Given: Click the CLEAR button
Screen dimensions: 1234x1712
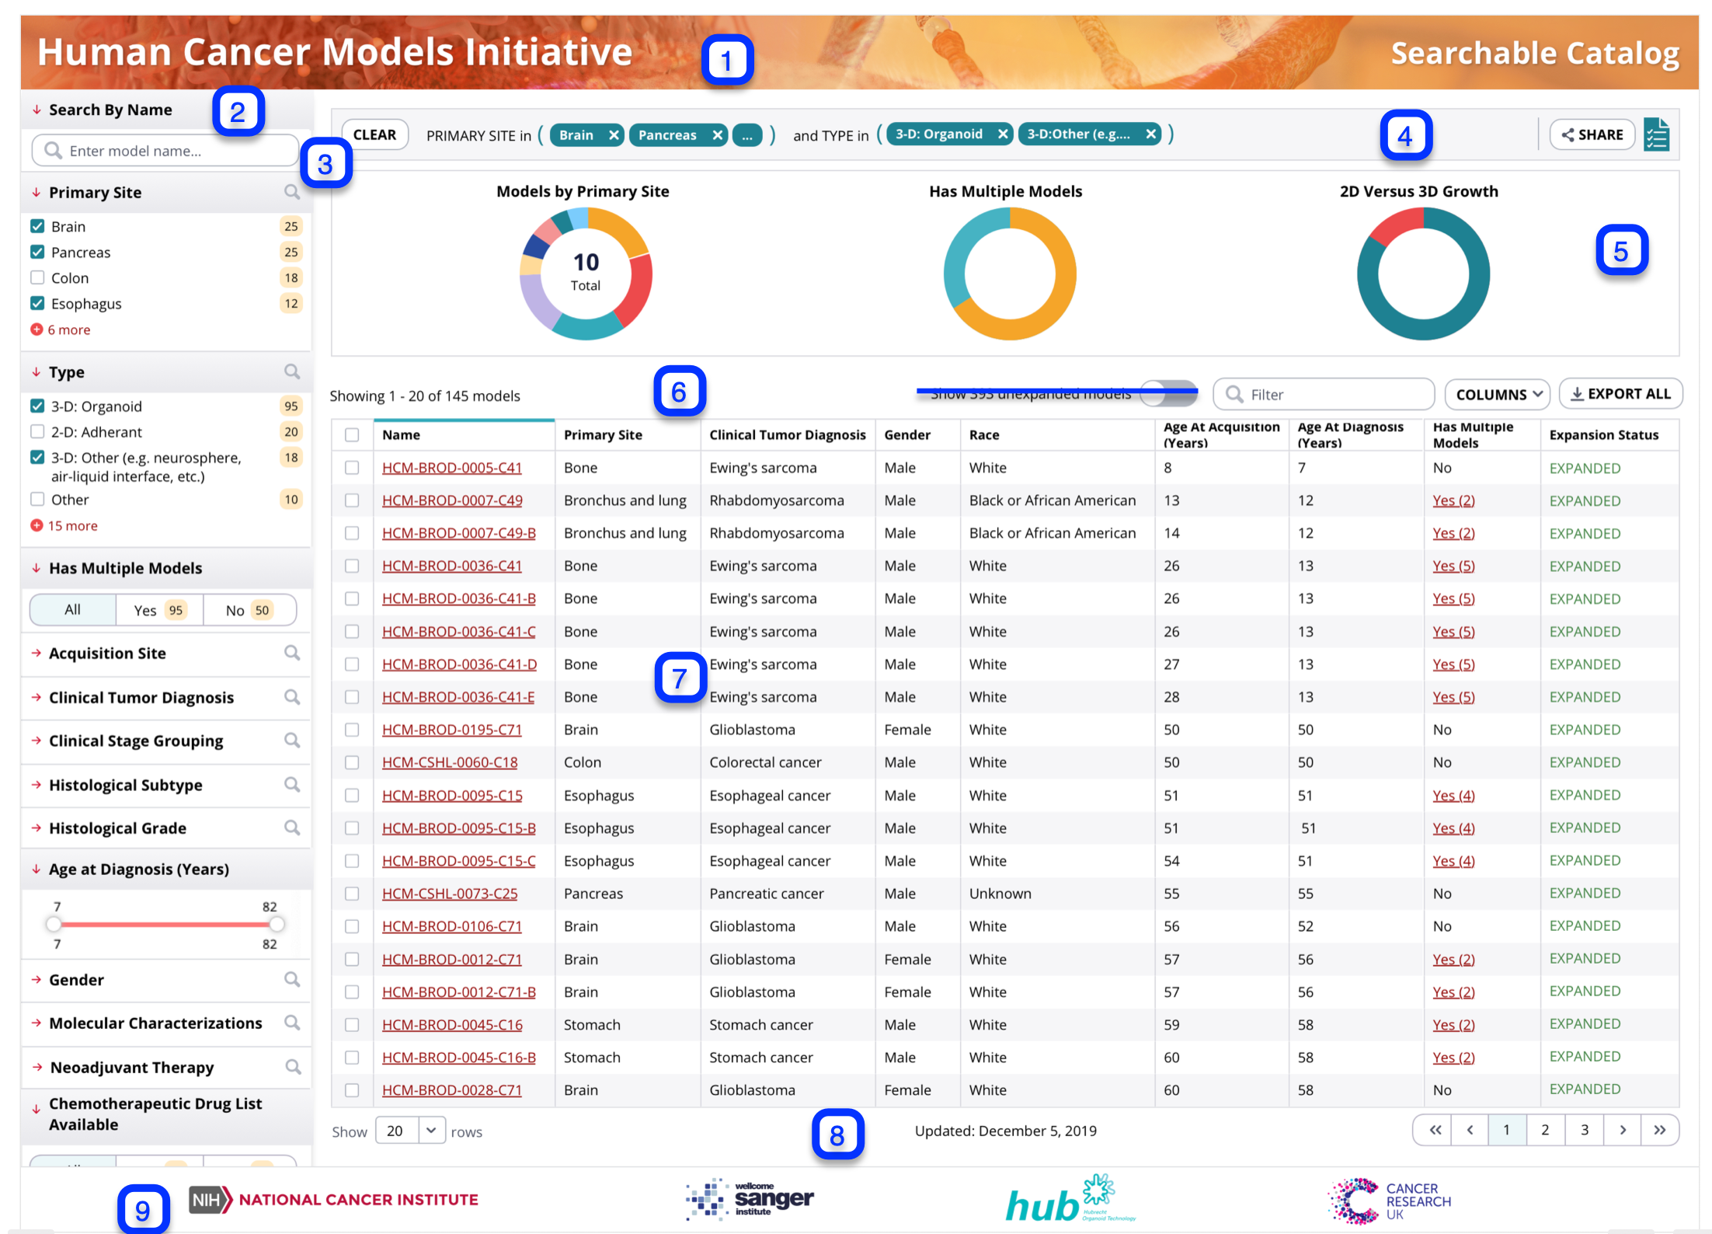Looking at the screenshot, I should point(374,135).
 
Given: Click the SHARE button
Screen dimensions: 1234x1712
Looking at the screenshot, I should point(1592,135).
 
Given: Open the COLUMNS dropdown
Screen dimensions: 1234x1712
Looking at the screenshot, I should point(1496,395).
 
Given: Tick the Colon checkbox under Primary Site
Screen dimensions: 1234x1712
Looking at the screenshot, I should point(37,278).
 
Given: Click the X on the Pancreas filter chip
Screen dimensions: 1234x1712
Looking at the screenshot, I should point(717,135).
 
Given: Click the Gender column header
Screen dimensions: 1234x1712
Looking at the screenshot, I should point(906,435).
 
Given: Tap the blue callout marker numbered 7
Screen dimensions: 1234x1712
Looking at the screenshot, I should point(680,678).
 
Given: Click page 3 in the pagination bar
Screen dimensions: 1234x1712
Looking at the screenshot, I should point(1584,1130).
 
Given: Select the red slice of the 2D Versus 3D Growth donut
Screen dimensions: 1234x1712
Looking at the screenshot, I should point(1394,225).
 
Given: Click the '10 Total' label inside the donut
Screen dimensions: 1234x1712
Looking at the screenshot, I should point(586,271).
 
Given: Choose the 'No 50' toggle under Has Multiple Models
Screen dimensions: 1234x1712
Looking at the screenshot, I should point(249,611).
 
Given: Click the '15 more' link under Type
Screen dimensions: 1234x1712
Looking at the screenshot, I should point(71,526).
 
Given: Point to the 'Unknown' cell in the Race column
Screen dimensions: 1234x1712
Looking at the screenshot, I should point(1000,894).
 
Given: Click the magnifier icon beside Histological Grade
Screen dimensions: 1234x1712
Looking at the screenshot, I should point(292,828).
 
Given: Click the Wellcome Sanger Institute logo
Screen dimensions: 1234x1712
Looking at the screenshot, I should point(750,1199).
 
